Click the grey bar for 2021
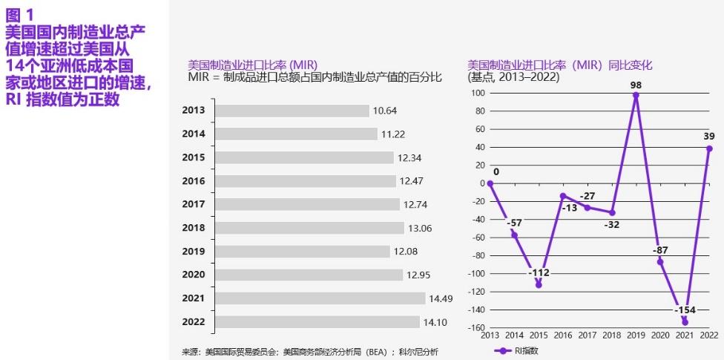320,298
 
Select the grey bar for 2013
292,111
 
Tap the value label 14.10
435,322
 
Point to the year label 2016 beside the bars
193,181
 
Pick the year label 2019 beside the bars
193,252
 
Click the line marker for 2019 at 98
636,95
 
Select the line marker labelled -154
685,322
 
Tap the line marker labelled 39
709,148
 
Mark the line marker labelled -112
539,284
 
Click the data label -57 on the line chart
513,222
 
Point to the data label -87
660,250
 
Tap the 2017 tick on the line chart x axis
587,336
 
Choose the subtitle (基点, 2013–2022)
513,76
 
